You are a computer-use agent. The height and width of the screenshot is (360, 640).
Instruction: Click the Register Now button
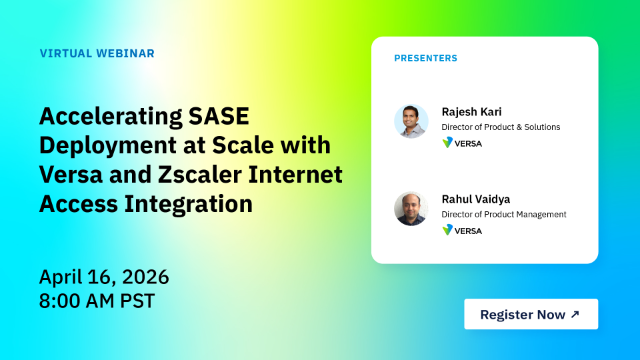pyautogui.click(x=530, y=314)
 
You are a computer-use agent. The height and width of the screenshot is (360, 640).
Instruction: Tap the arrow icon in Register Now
pyautogui.click(x=574, y=314)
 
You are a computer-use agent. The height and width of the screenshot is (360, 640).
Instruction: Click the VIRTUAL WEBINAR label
pyautogui.click(x=97, y=53)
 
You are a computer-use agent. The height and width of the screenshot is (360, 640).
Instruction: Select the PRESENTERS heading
pyautogui.click(x=425, y=58)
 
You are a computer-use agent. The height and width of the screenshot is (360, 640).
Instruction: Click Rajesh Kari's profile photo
pyautogui.click(x=411, y=121)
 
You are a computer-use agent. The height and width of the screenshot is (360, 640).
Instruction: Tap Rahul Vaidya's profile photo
pyautogui.click(x=411, y=208)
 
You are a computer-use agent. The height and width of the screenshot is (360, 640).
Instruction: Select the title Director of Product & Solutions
pyautogui.click(x=501, y=127)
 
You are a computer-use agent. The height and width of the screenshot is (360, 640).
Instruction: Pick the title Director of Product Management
pyautogui.click(x=504, y=214)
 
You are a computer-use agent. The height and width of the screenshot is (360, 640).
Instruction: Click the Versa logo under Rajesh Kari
pyautogui.click(x=462, y=143)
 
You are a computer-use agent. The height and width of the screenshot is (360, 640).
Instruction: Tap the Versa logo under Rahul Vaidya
pyautogui.click(x=462, y=230)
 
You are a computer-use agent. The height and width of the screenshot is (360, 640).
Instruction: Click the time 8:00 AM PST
pyautogui.click(x=98, y=299)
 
